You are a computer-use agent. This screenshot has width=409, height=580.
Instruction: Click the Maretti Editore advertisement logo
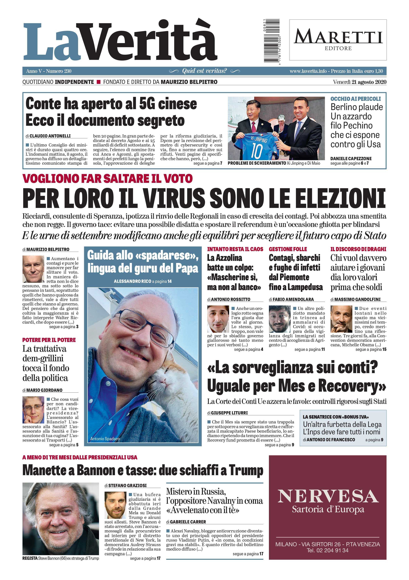[338, 40]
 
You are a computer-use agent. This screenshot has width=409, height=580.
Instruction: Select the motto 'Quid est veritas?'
[204, 71]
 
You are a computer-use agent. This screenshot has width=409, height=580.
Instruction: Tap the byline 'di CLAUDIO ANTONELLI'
[48, 136]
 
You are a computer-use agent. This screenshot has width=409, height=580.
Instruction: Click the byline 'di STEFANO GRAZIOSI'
[126, 486]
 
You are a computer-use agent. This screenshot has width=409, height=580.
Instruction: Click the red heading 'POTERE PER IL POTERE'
[49, 340]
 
